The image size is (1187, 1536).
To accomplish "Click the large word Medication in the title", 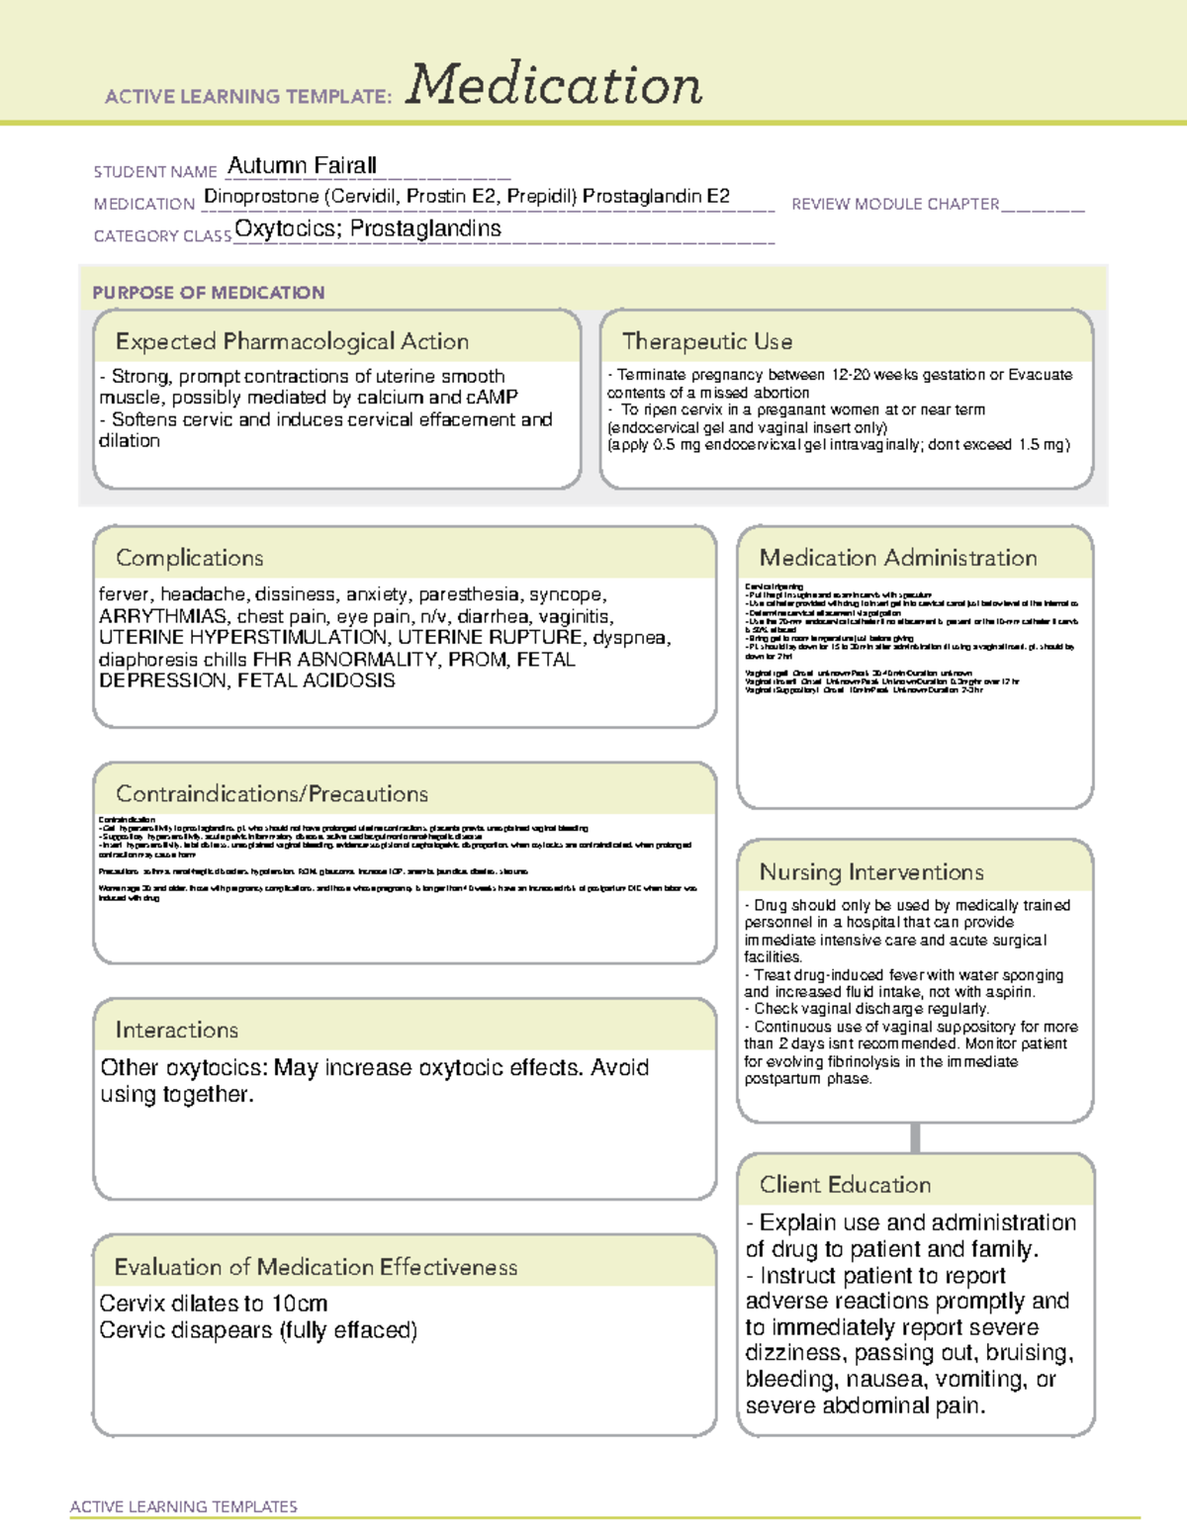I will [x=554, y=85].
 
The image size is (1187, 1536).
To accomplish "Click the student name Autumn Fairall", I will [x=302, y=165].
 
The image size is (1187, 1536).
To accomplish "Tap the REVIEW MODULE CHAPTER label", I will [x=895, y=204].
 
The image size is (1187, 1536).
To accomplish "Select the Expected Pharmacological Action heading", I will [x=292, y=341].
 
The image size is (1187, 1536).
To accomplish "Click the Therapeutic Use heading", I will [x=707, y=341].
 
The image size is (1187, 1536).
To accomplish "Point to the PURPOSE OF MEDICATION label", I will [x=209, y=293].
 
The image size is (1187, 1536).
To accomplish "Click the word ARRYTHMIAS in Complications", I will [x=163, y=616].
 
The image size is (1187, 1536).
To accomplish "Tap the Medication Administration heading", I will [x=898, y=558].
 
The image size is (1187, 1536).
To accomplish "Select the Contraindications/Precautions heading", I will [x=272, y=793].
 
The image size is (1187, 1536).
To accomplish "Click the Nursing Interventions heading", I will [x=871, y=871].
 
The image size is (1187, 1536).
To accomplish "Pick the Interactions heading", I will [x=177, y=1030].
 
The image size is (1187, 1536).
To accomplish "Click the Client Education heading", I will [x=846, y=1184].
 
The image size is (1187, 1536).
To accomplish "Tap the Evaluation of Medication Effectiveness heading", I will [x=316, y=1267].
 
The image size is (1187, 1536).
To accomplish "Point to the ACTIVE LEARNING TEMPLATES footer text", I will [x=184, y=1506].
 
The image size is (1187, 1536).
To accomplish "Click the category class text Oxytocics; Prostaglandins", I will [x=368, y=228].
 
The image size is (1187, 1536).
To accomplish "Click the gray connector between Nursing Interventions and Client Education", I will [x=915, y=1137].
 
